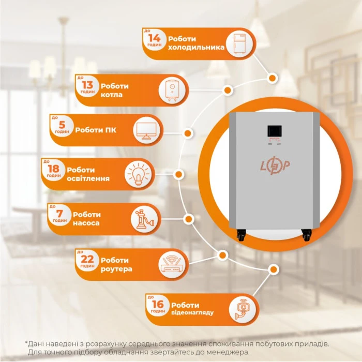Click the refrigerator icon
click(x=239, y=43)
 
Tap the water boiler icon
click(x=171, y=89)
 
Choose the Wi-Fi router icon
click(x=171, y=264)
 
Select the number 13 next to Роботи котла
click(x=87, y=85)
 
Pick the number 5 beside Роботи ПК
click(x=62, y=125)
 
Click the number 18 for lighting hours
click(x=53, y=169)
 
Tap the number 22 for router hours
click(x=87, y=260)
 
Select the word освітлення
click(x=91, y=179)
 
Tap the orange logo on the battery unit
click(x=274, y=165)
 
